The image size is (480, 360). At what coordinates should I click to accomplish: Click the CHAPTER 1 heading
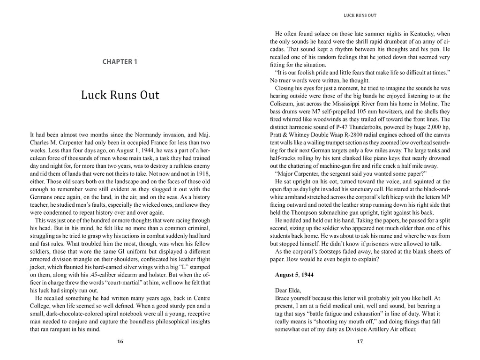[120, 61]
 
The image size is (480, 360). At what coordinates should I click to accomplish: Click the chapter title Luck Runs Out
[120, 95]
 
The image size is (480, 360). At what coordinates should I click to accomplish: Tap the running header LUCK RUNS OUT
[360, 15]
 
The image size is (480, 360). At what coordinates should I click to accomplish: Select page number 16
[120, 342]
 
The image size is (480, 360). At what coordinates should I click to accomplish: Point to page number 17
[360, 342]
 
